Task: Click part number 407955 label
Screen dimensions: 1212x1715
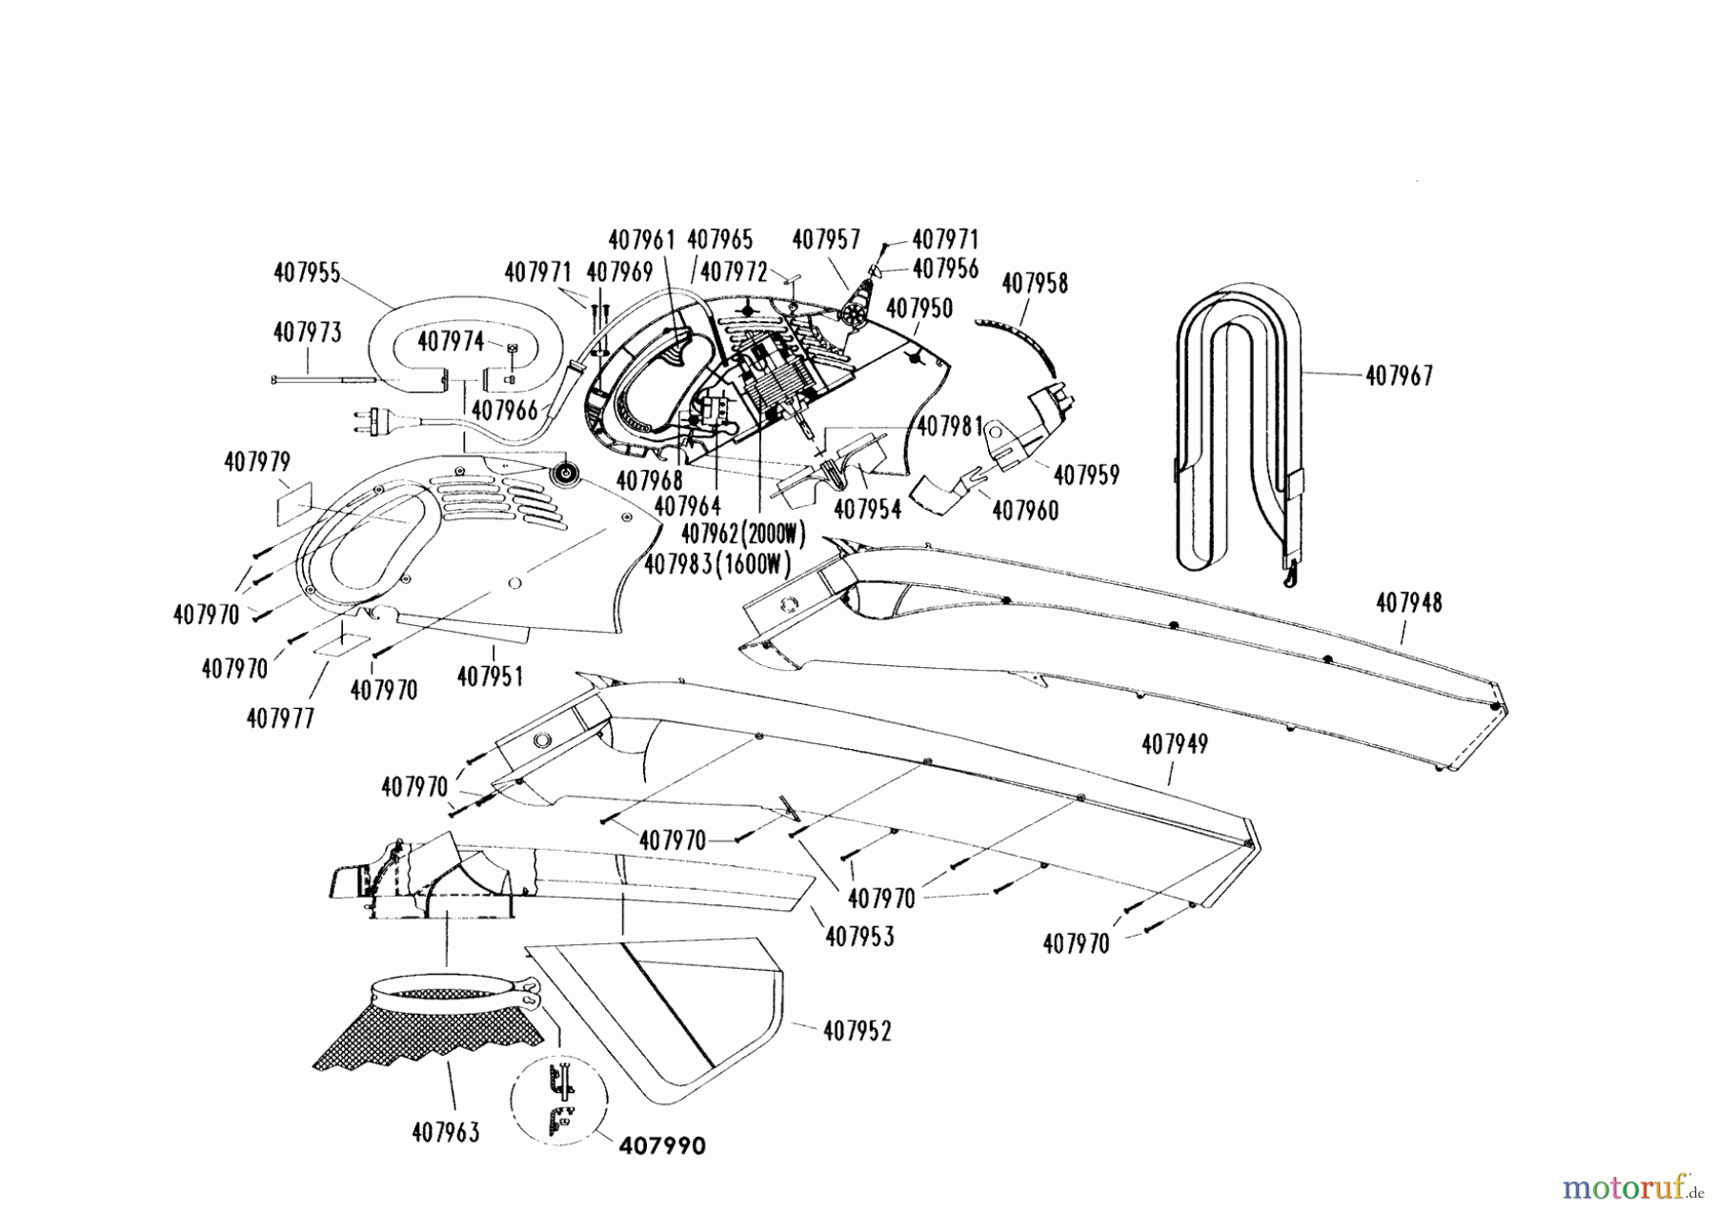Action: pos(307,273)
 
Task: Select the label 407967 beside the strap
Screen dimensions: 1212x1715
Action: pos(1399,375)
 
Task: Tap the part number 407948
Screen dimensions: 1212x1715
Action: pos(1409,602)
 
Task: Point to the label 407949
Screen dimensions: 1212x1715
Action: pos(1174,744)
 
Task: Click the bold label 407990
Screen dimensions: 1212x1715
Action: pos(662,1145)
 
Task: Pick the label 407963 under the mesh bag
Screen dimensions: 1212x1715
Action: pos(446,1133)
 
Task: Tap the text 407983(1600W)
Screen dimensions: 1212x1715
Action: pos(717,565)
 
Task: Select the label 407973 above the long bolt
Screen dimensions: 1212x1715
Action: pos(307,333)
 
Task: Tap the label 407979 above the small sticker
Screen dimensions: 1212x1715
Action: pos(257,462)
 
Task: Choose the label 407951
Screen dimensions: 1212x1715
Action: pos(490,677)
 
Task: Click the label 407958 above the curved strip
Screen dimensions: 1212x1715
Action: pos(1035,283)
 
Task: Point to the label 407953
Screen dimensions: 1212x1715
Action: pos(859,937)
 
